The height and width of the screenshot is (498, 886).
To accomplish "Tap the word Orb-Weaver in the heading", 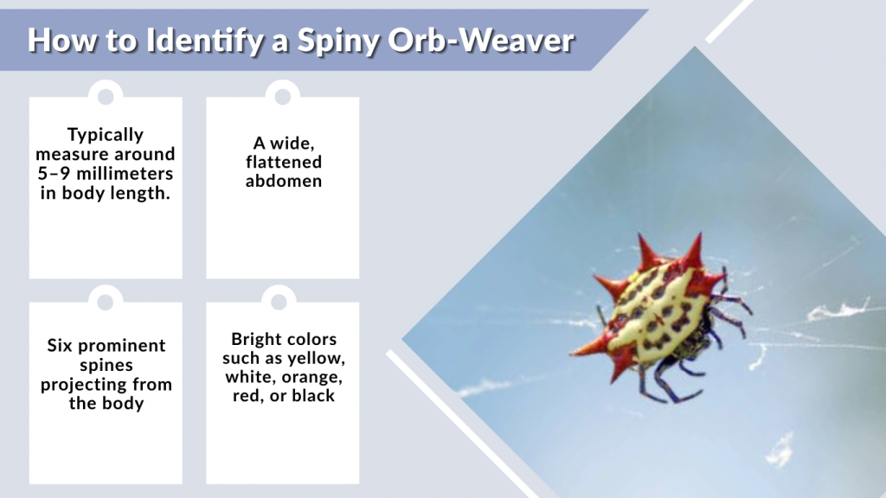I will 498,40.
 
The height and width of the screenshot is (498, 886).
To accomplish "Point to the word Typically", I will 106,135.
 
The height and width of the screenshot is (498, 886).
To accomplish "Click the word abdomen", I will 283,181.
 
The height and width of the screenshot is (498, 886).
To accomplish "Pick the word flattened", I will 283,162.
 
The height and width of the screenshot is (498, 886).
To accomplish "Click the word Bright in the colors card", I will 260,339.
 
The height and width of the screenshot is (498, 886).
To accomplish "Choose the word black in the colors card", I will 315,396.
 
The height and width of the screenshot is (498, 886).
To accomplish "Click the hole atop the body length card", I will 106,95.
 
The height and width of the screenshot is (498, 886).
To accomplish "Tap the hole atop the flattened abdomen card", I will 282,95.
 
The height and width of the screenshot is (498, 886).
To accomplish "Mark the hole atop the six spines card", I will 106,301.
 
